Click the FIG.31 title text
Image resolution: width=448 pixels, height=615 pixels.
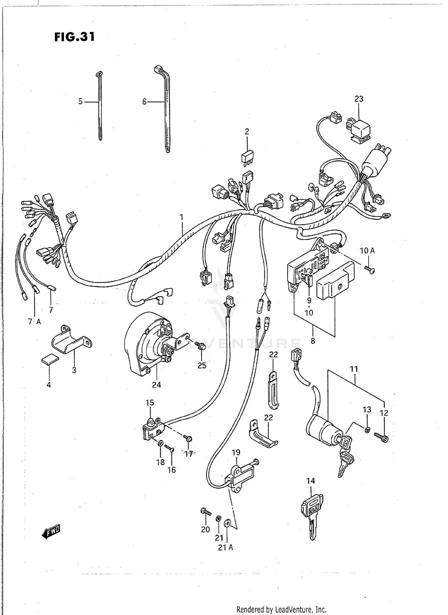pyautogui.click(x=74, y=37)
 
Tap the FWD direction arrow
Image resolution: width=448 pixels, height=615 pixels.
pyautogui.click(x=51, y=532)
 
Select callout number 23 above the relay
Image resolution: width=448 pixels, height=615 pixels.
pyautogui.click(x=359, y=99)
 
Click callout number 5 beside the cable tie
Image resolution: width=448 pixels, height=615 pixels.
pyautogui.click(x=80, y=102)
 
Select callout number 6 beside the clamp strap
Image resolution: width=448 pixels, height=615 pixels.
pyautogui.click(x=144, y=102)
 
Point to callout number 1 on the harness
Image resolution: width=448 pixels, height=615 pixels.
pyautogui.click(x=181, y=218)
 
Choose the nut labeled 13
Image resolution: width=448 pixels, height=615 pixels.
pyautogui.click(x=367, y=430)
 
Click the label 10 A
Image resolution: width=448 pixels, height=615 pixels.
pyautogui.click(x=367, y=251)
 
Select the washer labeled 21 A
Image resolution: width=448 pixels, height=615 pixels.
pyautogui.click(x=227, y=523)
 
